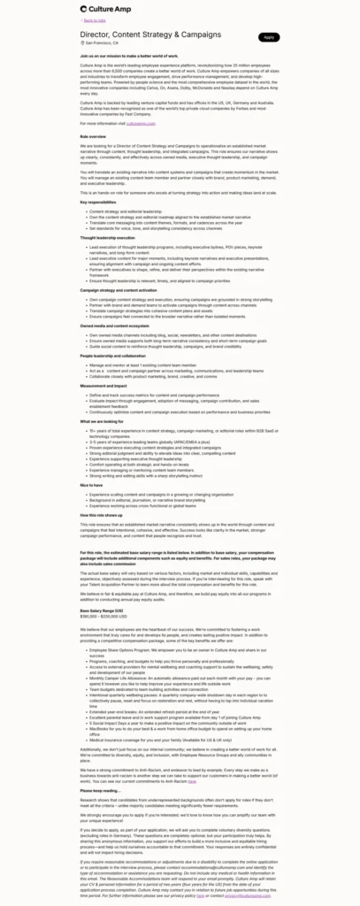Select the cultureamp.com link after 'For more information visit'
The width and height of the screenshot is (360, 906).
[x=140, y=123]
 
